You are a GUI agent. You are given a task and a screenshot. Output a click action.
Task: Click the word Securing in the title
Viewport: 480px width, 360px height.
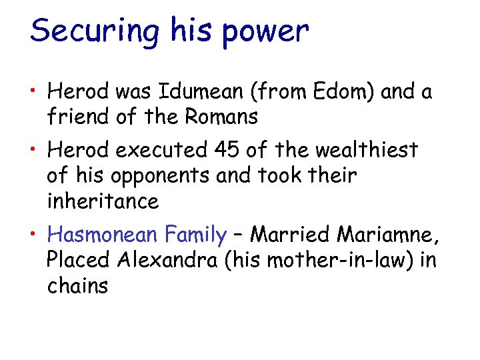click(94, 31)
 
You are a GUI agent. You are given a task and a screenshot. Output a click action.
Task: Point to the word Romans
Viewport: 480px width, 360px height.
click(221, 117)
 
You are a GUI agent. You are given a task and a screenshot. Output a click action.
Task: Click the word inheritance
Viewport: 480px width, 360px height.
click(103, 201)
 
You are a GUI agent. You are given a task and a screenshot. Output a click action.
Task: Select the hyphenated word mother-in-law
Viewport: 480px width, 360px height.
click(335, 260)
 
